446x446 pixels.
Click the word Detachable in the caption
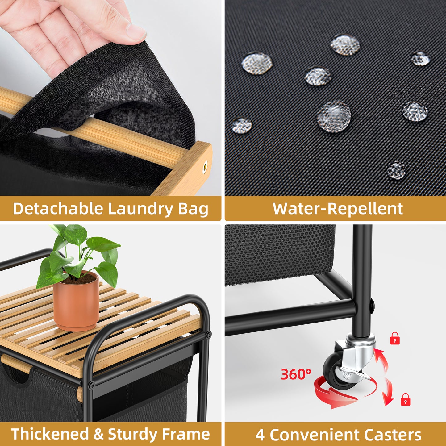click(x=57, y=209)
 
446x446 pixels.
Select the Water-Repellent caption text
click(x=338, y=209)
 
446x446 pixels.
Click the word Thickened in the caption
click(x=50, y=434)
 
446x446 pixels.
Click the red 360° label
click(x=296, y=374)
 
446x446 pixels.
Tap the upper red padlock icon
click(x=395, y=338)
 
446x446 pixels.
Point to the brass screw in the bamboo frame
click(x=205, y=167)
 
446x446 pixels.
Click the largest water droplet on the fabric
click(x=334, y=116)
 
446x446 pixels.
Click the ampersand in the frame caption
click(x=98, y=434)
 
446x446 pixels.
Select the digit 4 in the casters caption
click(x=260, y=435)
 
